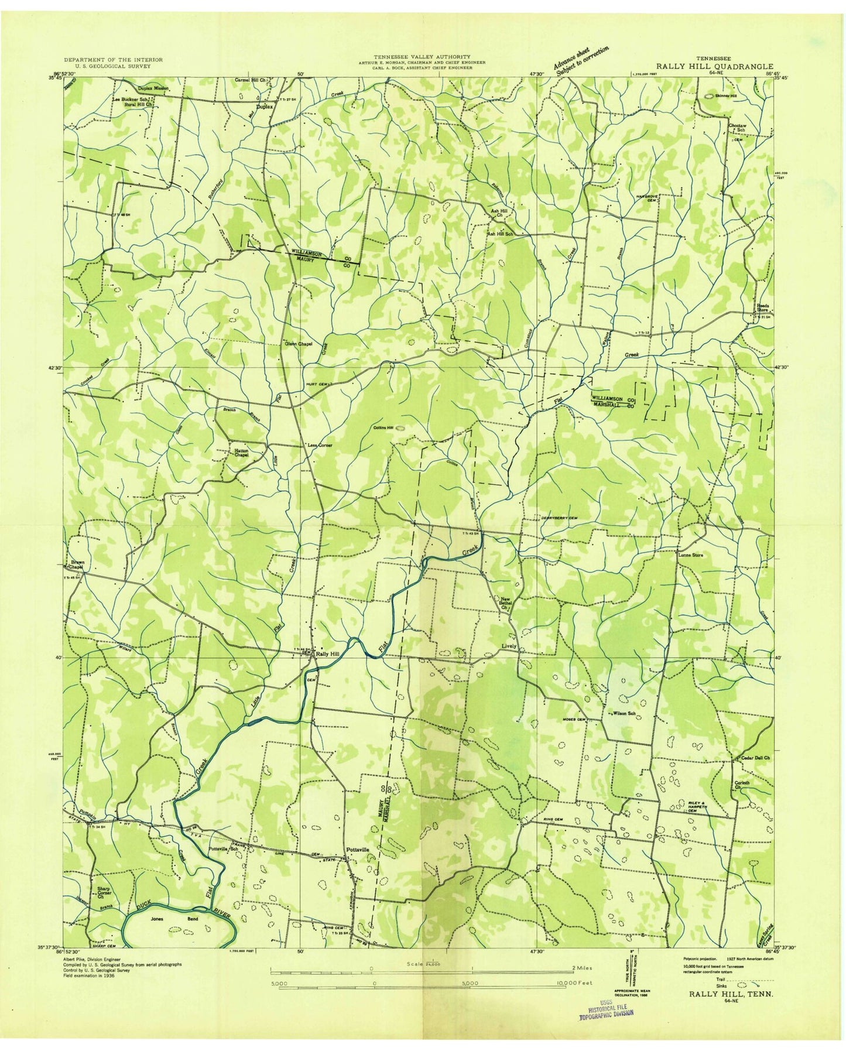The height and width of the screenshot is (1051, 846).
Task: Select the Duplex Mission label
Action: coord(153,88)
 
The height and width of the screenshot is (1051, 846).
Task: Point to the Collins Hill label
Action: coord(382,428)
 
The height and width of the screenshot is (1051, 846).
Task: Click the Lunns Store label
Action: coord(690,554)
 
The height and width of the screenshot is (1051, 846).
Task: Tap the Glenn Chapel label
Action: coord(298,344)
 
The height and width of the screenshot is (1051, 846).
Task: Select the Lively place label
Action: coord(508,646)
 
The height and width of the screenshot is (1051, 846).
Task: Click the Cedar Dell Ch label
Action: coord(753,758)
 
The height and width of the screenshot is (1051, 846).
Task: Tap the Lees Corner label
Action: coord(320,446)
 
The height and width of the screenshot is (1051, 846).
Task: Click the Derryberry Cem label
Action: coord(557,518)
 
